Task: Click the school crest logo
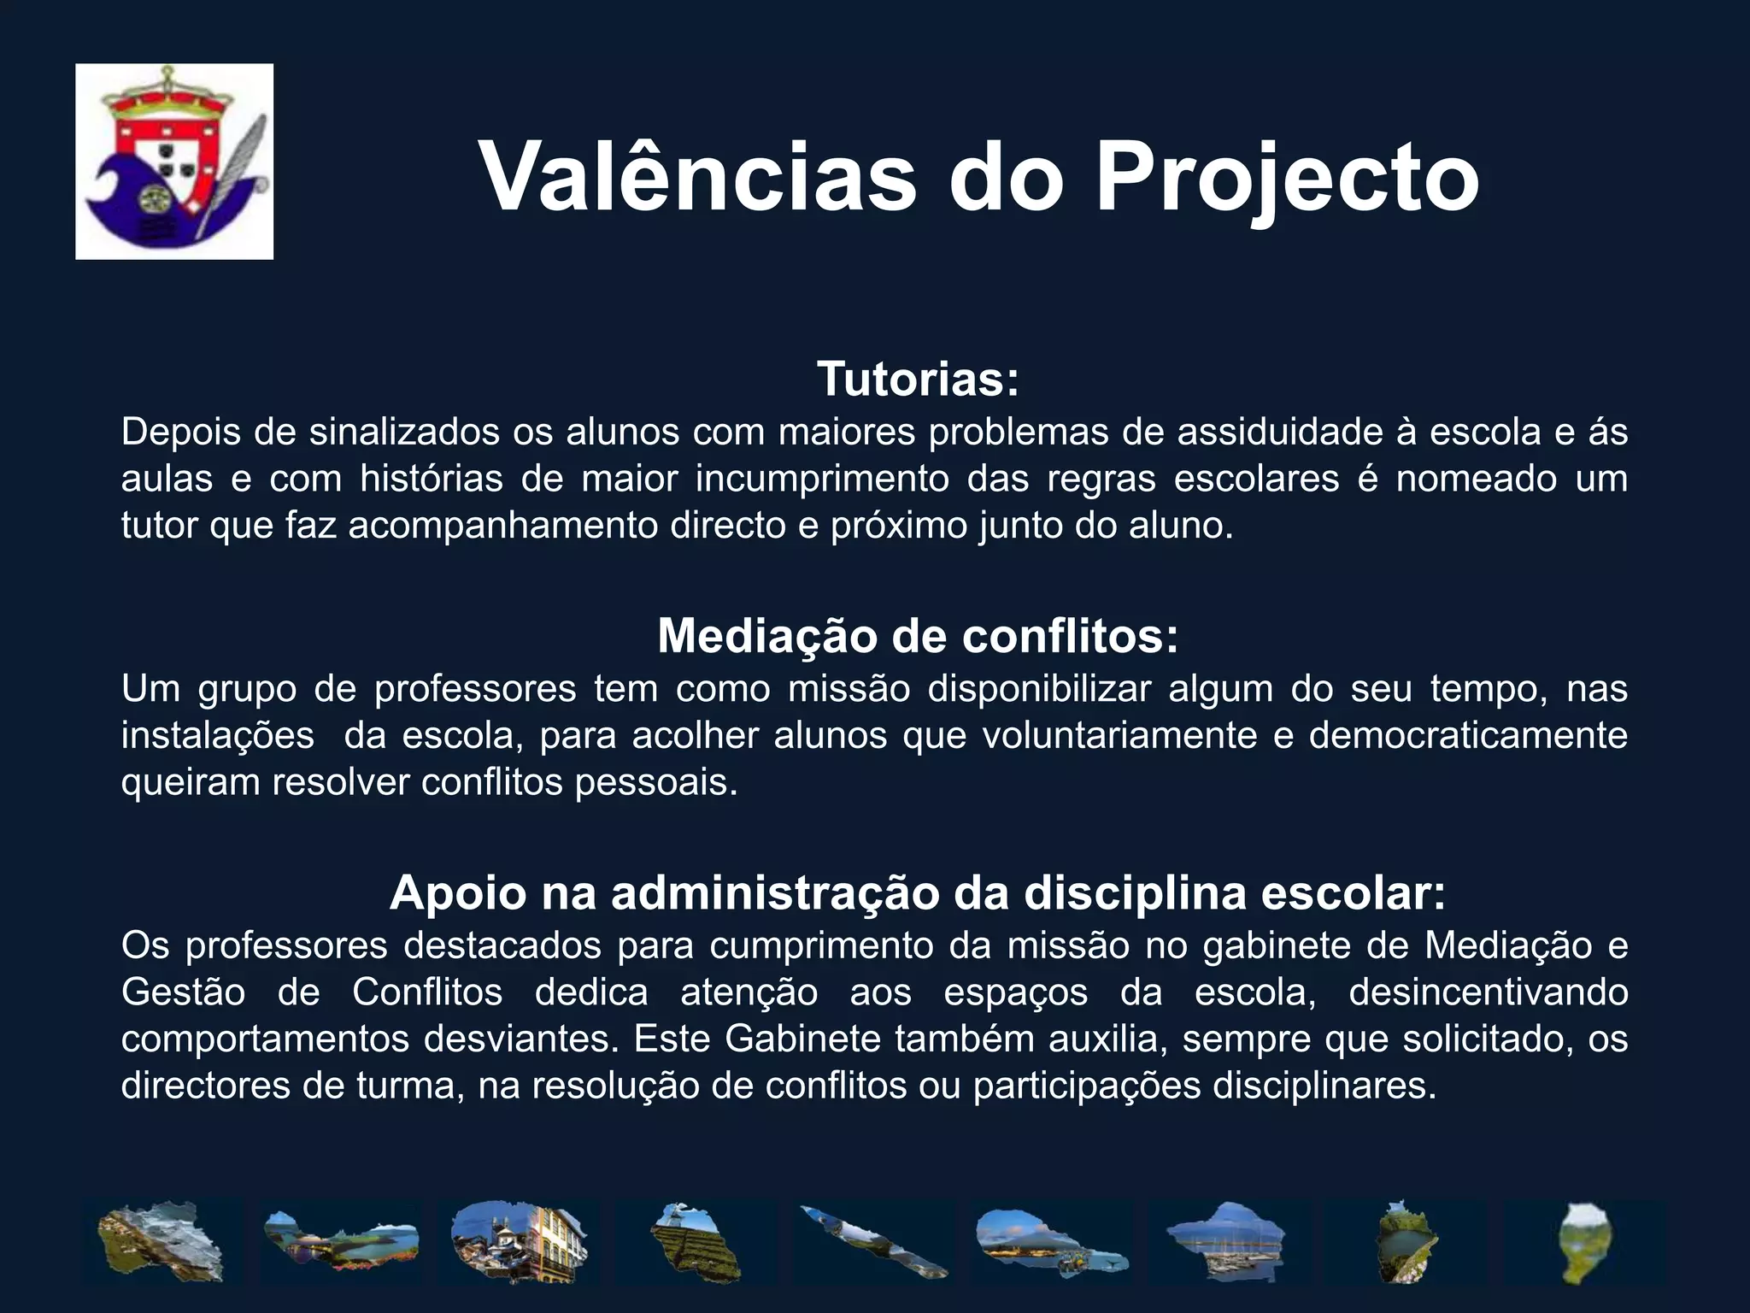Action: point(174,161)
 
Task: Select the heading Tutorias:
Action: point(918,379)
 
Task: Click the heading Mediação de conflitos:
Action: point(918,636)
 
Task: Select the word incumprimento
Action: point(821,479)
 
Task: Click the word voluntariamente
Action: point(1119,735)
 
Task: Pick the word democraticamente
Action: point(1467,735)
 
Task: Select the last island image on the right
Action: point(1583,1241)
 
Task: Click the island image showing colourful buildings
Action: point(518,1241)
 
